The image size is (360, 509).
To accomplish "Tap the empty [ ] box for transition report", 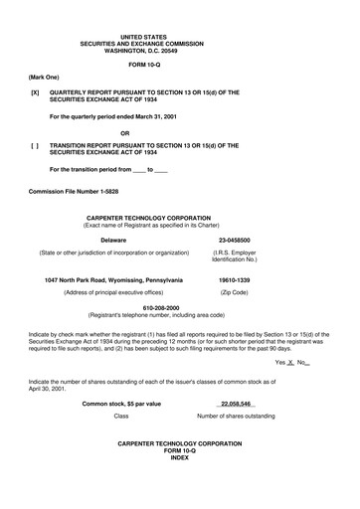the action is click(x=36, y=145).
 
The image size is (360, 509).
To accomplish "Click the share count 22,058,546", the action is click(x=236, y=404).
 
